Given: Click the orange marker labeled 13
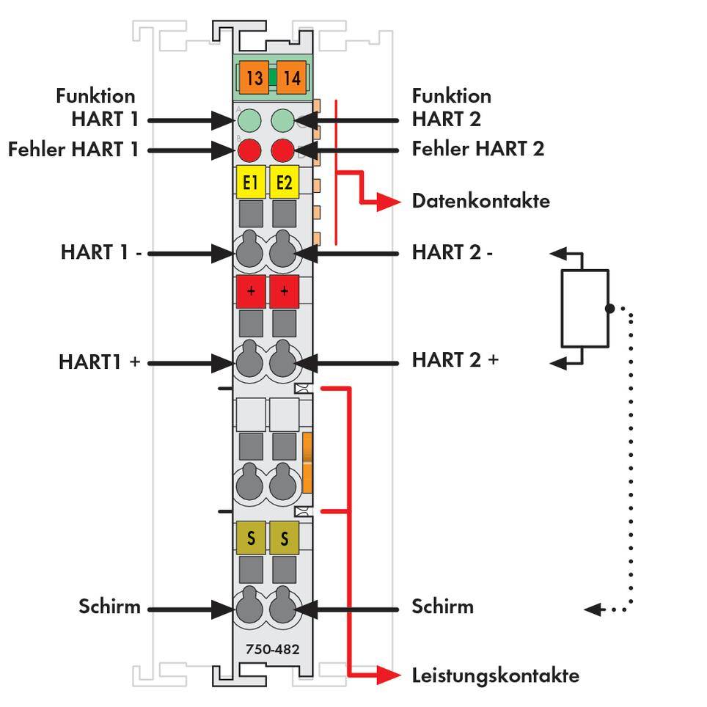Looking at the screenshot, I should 254,78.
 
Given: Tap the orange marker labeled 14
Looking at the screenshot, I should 291,78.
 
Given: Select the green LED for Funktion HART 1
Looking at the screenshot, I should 249,120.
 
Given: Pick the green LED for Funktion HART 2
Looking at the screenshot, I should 282,120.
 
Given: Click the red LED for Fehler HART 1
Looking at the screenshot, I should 249,150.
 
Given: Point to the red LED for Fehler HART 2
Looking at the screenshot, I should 282,150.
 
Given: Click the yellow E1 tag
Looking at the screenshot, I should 250,182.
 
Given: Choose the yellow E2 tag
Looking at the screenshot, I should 284,182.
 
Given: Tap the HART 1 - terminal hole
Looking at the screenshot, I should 249,252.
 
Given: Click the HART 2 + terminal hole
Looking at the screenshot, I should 283,362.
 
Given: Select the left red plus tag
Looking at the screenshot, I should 251,291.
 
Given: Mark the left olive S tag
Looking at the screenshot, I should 251,538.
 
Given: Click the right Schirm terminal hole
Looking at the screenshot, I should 283,608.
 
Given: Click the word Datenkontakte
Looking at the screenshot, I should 480,200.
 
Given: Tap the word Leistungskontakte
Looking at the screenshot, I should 495,675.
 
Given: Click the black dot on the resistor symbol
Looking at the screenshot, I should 609,308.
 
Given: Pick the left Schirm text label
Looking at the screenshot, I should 109,607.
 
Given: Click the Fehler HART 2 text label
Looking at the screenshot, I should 477,149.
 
